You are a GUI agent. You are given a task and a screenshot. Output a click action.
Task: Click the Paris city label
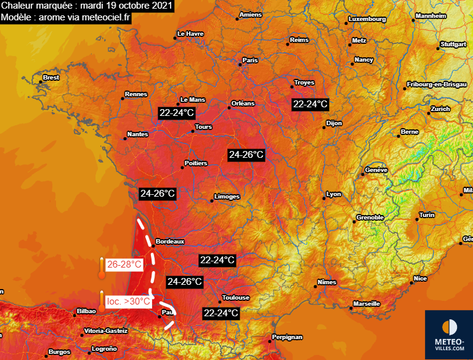pyautogui.click(x=249, y=60)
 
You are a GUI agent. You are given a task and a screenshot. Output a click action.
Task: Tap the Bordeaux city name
pyautogui.click(x=170, y=242)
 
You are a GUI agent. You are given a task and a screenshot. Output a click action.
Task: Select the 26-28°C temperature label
pyautogui.click(x=124, y=265)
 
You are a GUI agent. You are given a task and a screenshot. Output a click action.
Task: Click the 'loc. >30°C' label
pyautogui.click(x=128, y=301)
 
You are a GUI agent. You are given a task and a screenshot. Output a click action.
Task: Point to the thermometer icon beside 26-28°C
pyautogui.click(x=101, y=268)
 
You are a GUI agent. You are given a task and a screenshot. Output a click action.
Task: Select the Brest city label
pyautogui.click(x=51, y=78)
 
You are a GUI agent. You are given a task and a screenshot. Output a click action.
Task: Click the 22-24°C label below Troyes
pyautogui.click(x=310, y=104)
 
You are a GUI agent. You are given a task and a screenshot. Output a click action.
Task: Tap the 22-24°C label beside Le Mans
pyautogui.click(x=177, y=113)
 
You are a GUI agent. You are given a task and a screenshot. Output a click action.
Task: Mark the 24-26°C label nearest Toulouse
pyautogui.click(x=185, y=282)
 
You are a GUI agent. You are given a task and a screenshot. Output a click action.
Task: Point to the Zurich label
pyautogui.click(x=440, y=108)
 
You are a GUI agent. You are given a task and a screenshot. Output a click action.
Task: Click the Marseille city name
pyautogui.click(x=366, y=304)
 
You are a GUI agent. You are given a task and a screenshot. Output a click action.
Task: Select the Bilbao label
pyautogui.click(x=86, y=311)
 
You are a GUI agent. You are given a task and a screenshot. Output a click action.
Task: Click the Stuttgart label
pyautogui.click(x=453, y=44)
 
